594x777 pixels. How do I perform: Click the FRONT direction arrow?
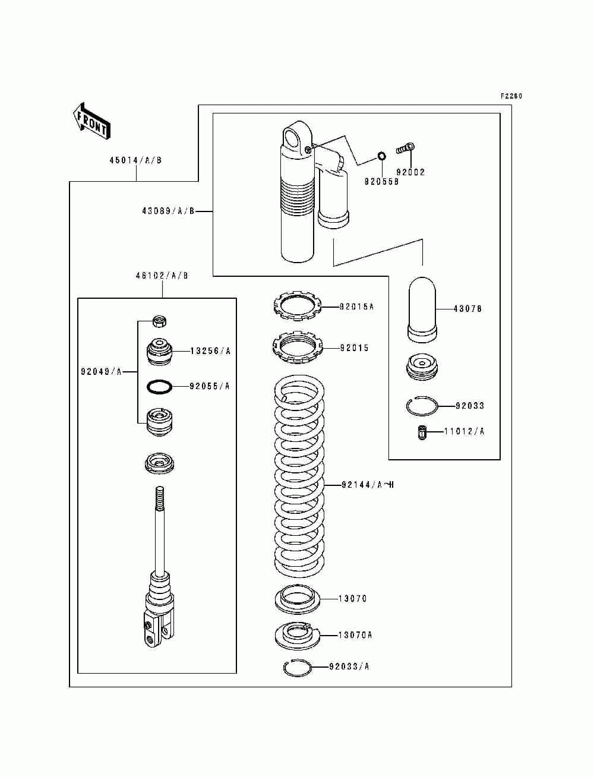coord(91,122)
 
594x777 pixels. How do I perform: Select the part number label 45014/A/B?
coord(135,160)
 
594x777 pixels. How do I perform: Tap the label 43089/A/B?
coord(168,211)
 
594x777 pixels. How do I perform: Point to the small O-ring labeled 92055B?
coord(381,156)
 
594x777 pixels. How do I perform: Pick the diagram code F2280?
coord(511,96)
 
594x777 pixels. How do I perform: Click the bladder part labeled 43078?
coord(422,309)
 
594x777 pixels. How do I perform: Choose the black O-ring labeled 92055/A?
coord(160,387)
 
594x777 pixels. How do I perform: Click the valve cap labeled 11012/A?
coord(422,433)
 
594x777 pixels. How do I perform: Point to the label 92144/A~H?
coord(368,485)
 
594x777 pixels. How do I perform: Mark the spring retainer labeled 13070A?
coord(298,636)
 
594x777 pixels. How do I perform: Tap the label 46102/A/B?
coord(162,276)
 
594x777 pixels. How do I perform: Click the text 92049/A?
coord(101,372)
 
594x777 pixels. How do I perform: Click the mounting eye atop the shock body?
coord(298,136)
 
